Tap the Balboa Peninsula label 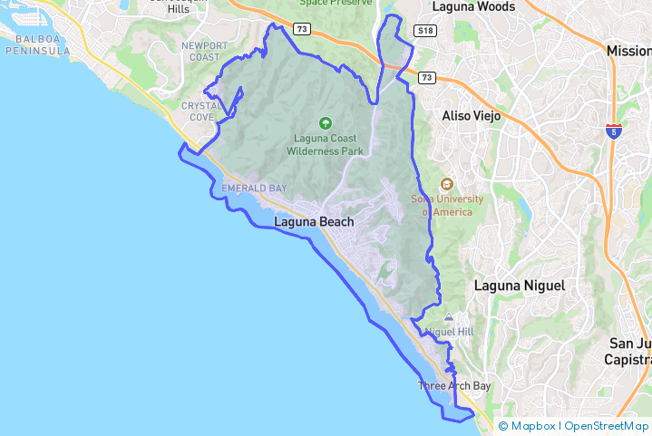[37, 45]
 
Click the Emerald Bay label [254, 189]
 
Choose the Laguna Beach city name [314, 221]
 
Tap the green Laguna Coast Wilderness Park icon [325, 123]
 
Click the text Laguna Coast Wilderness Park [325, 145]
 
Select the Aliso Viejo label [471, 116]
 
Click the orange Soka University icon [445, 185]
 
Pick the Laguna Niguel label [520, 286]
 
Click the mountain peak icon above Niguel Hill [449, 318]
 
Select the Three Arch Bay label [453, 386]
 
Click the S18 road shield [424, 31]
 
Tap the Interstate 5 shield [614, 131]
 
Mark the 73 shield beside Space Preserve [302, 30]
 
